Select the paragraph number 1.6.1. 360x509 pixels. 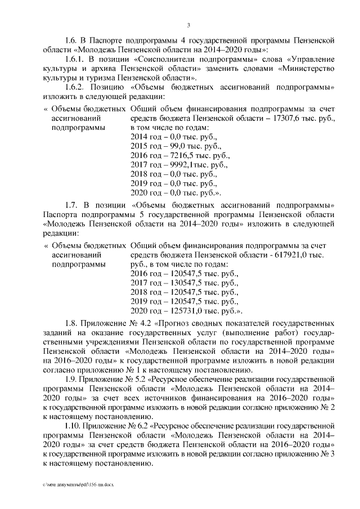pyautogui.click(x=75, y=59)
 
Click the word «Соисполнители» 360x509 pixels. pyautogui.click(x=169, y=59)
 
